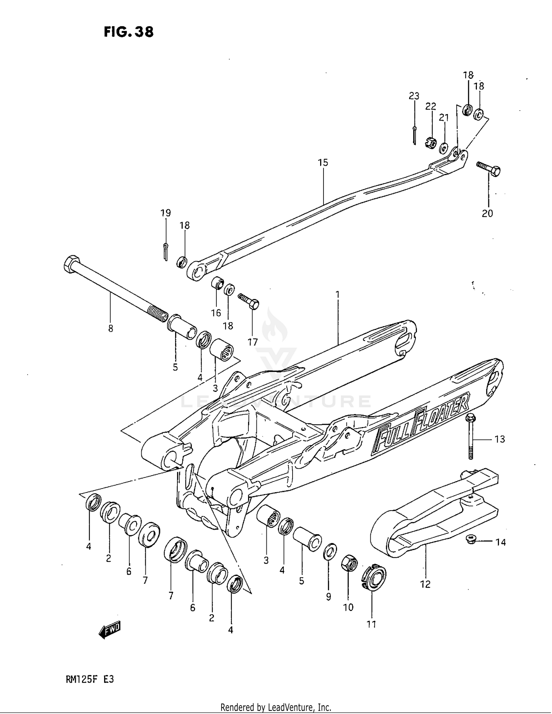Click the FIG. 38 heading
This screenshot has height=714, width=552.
click(x=128, y=32)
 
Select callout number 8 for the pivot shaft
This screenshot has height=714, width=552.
click(x=111, y=328)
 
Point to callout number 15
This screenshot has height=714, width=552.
click(x=323, y=162)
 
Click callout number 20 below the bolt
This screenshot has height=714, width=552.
click(x=487, y=213)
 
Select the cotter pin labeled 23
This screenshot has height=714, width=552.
click(x=414, y=135)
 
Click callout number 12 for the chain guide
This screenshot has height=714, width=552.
click(x=425, y=584)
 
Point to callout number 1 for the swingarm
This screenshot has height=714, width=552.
click(x=337, y=294)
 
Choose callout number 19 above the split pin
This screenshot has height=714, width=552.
click(x=166, y=213)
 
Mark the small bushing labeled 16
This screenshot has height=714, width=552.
click(x=217, y=283)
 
